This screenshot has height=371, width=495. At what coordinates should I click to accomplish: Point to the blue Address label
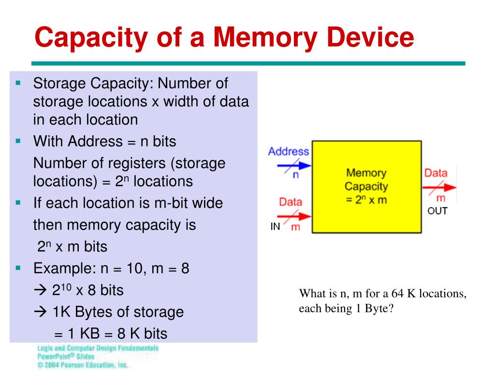click(x=289, y=151)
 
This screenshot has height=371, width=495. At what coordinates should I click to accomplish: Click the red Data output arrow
click(x=440, y=187)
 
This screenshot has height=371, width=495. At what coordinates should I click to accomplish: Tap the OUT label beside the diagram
click(x=437, y=211)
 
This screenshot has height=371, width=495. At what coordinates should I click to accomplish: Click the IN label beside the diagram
click(x=275, y=227)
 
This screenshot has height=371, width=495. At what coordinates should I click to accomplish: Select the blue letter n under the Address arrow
click(x=296, y=175)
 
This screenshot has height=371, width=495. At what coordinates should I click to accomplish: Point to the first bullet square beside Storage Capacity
click(x=18, y=83)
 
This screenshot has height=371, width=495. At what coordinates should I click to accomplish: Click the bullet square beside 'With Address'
click(x=18, y=141)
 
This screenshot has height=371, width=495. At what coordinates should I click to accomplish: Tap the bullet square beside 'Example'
click(x=18, y=268)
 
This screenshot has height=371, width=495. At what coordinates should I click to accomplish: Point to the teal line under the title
click(x=248, y=63)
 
